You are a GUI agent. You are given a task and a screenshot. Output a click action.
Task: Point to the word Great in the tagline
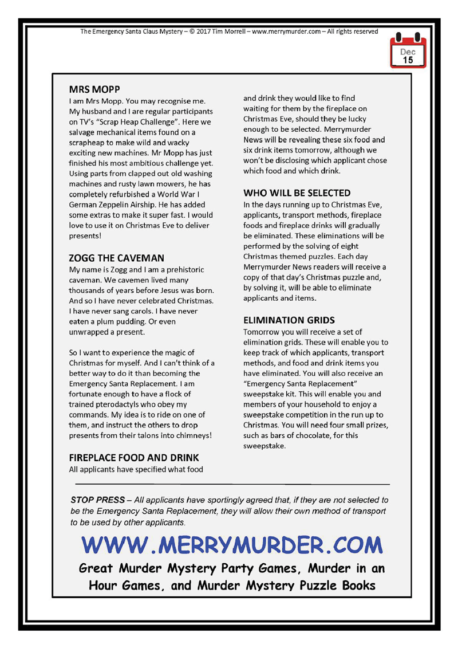pos(100,568)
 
